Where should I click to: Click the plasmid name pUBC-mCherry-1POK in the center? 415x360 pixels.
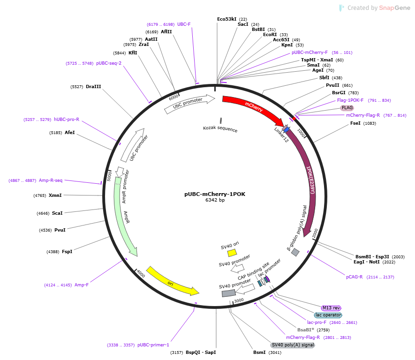[x=215, y=194]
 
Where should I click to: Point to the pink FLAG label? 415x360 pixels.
[x=347, y=108]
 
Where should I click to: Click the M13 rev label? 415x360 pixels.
[x=331, y=308]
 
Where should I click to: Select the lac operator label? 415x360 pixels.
[x=328, y=315]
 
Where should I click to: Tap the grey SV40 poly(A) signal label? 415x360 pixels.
[x=293, y=345]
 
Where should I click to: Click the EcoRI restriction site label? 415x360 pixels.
[x=270, y=34]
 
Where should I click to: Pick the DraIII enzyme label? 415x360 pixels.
[x=93, y=87]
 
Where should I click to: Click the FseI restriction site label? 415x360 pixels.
[x=355, y=123]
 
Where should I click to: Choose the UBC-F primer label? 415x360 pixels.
[x=184, y=24]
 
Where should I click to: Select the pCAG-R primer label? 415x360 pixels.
[x=355, y=277]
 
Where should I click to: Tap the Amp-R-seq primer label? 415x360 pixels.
[x=51, y=180]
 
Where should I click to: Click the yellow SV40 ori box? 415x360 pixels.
[x=232, y=253]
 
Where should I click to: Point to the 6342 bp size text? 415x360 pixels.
[x=215, y=200]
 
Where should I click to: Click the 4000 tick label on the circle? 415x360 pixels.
[x=141, y=274]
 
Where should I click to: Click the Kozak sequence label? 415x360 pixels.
[x=220, y=129]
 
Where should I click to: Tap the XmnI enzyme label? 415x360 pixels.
[x=55, y=195]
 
